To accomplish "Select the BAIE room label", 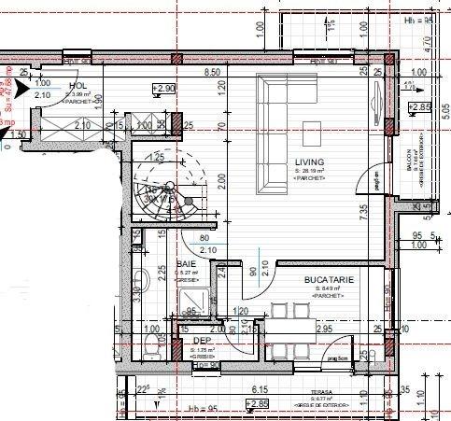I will (185, 264).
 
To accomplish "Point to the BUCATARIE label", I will (328, 279).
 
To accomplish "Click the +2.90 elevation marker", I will (164, 88).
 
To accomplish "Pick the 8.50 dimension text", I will (212, 72).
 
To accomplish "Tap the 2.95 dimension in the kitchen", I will (325, 330).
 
